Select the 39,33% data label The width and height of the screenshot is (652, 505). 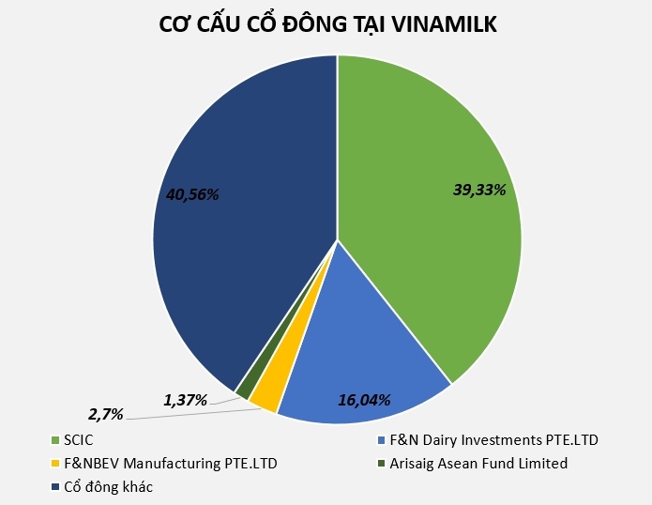479,190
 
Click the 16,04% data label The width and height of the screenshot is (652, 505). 364,399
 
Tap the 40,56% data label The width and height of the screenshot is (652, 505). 192,194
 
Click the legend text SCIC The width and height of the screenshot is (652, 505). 80,439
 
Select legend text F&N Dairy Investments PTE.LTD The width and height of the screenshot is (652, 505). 494,439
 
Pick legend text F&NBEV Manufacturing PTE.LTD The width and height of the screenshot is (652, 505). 170,463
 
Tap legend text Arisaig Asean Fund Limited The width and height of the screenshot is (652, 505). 479,463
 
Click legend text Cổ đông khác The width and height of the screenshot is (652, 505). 108,486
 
